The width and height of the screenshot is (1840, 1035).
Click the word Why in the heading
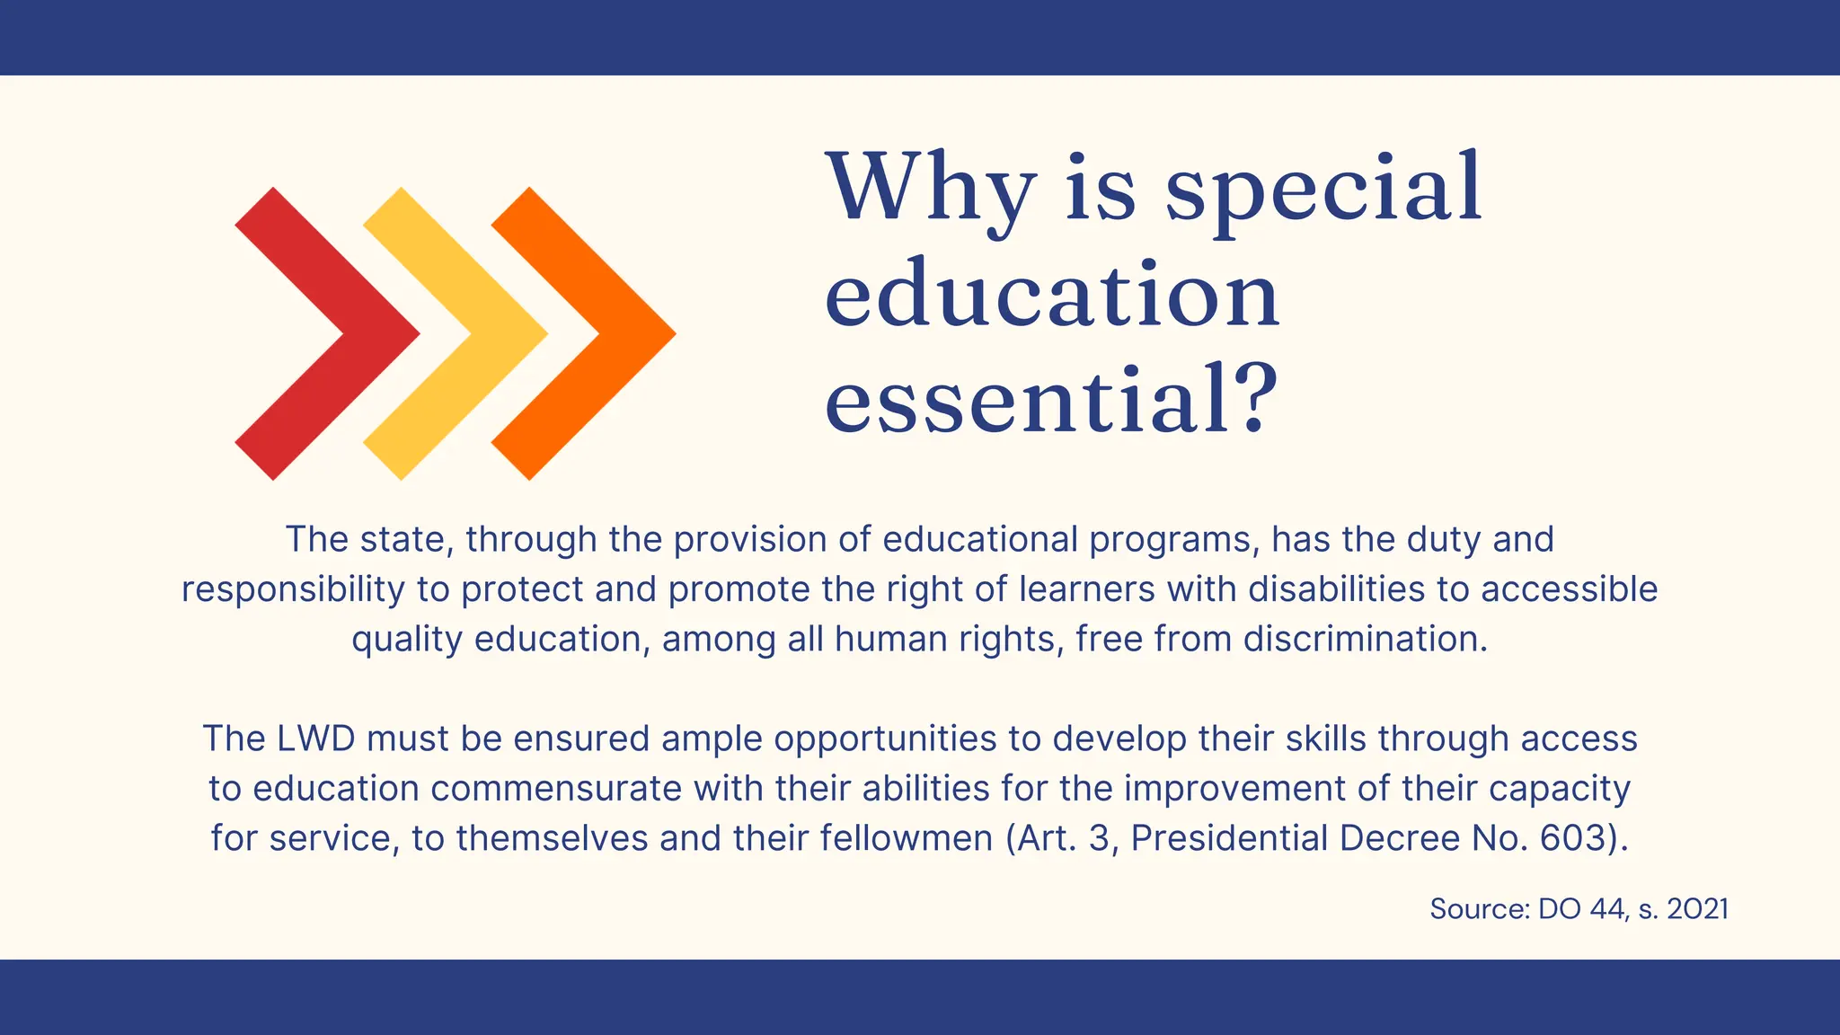[930, 189]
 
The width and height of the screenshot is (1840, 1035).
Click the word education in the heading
[1051, 296]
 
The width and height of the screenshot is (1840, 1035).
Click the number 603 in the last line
[1571, 838]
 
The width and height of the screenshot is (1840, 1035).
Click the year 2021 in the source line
[1697, 909]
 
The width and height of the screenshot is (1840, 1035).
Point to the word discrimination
[1365, 639]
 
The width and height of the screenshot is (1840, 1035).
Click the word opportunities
[885, 739]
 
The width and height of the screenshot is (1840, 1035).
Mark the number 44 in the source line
[1606, 909]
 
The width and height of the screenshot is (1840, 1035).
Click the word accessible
[1569, 589]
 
